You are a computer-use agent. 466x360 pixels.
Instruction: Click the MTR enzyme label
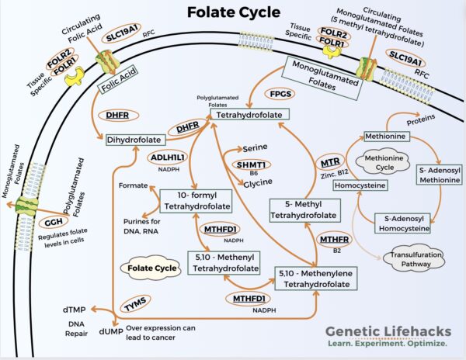tap(329, 164)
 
